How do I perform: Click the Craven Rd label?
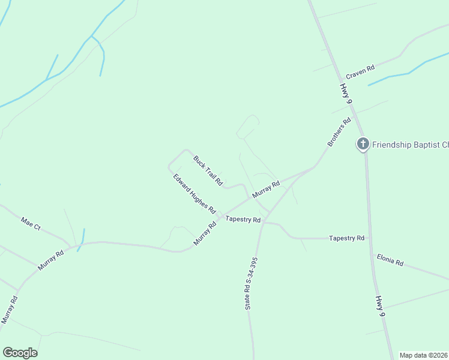[360, 72]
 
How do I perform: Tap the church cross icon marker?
[363, 144]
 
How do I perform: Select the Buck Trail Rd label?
[208, 170]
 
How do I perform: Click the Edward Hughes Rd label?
[194, 194]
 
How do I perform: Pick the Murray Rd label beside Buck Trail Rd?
[267, 190]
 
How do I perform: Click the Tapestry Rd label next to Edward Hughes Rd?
[243, 220]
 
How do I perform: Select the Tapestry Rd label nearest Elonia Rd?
[346, 238]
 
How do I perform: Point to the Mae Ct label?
[30, 224]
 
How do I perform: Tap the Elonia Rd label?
[390, 260]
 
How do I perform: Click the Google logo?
[20, 353]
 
